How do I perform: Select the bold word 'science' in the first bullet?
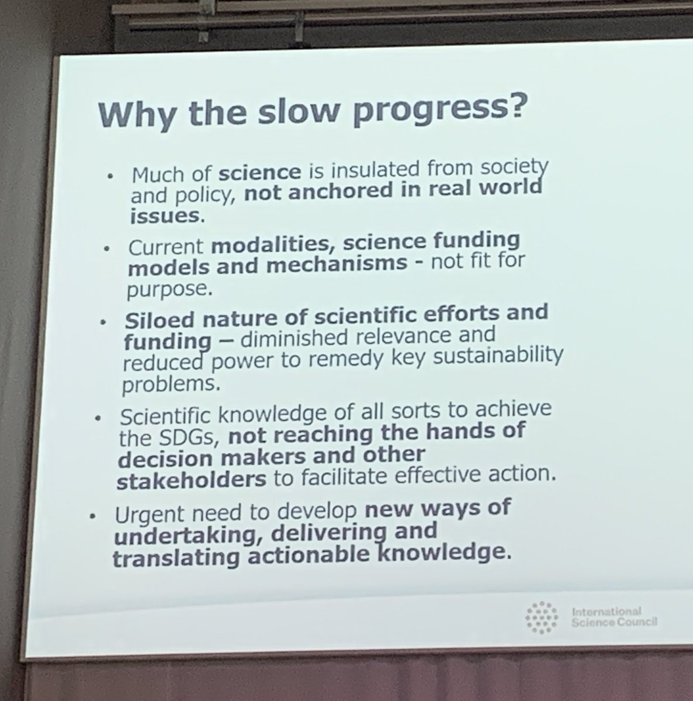[260, 173]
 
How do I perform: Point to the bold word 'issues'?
[166, 216]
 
